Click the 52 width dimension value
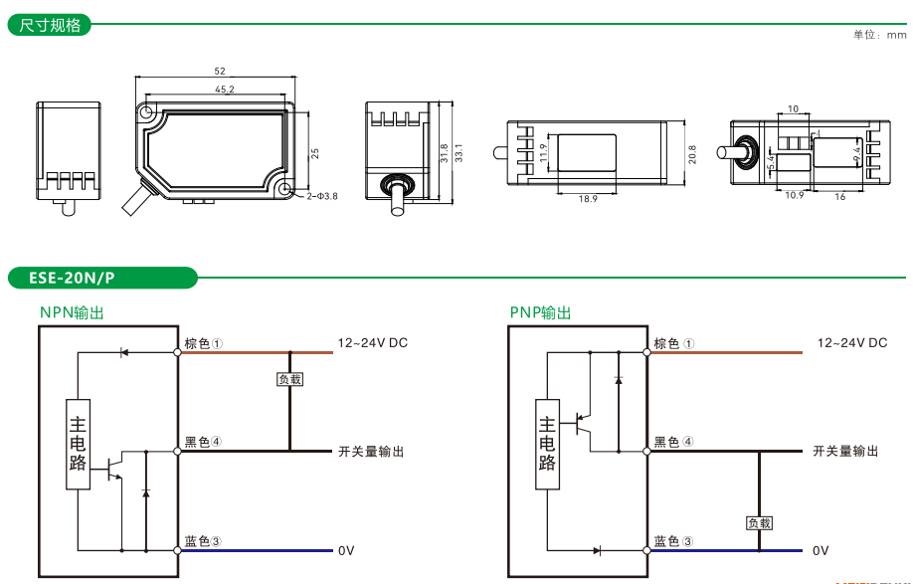(x=220, y=72)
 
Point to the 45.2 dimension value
(x=224, y=90)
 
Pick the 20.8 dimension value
(x=692, y=154)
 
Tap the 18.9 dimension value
(x=588, y=199)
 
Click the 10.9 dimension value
(x=794, y=196)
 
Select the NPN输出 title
(x=72, y=312)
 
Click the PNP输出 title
(x=541, y=312)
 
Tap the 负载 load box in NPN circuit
(x=289, y=379)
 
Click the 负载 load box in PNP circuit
(x=759, y=522)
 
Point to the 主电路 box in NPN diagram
(x=78, y=445)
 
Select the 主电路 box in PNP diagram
(x=547, y=445)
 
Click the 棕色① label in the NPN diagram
(x=203, y=343)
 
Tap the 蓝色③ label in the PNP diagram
(x=672, y=541)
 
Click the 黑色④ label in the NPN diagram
(x=203, y=442)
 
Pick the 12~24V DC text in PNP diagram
(x=851, y=343)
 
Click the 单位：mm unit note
(x=879, y=35)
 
